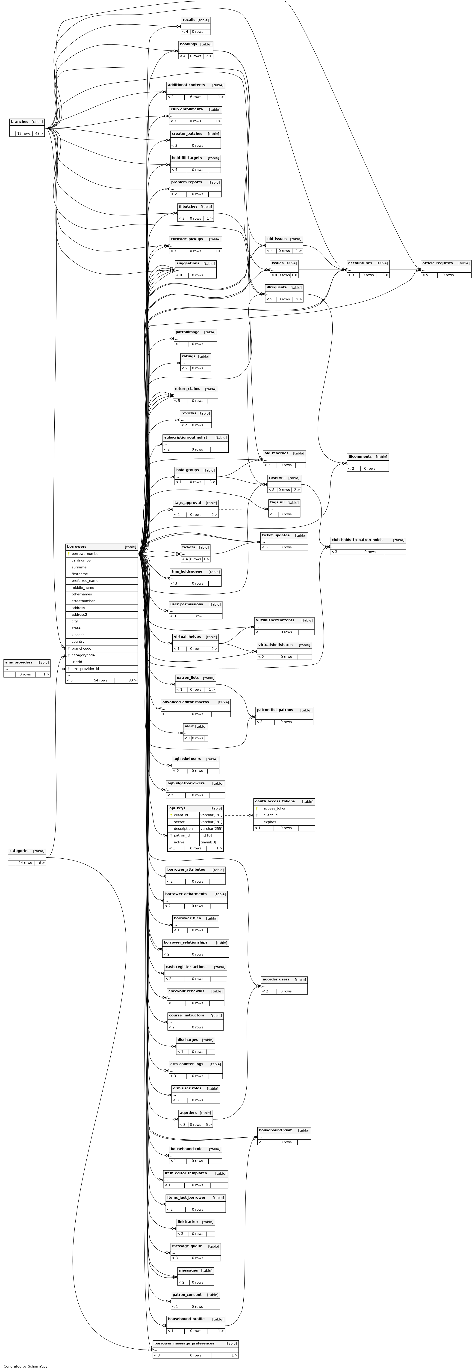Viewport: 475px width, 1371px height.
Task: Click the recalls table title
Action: tap(189, 20)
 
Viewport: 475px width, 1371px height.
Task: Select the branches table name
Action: tap(20, 121)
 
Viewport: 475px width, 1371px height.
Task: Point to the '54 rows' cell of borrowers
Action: tap(100, 680)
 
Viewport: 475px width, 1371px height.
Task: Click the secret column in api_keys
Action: tap(179, 822)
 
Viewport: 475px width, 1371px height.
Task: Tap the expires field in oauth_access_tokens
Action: tap(270, 822)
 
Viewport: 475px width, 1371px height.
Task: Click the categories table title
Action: tap(19, 851)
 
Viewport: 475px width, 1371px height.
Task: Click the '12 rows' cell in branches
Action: tap(24, 134)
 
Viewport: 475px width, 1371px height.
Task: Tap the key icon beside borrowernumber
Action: tap(69, 553)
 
